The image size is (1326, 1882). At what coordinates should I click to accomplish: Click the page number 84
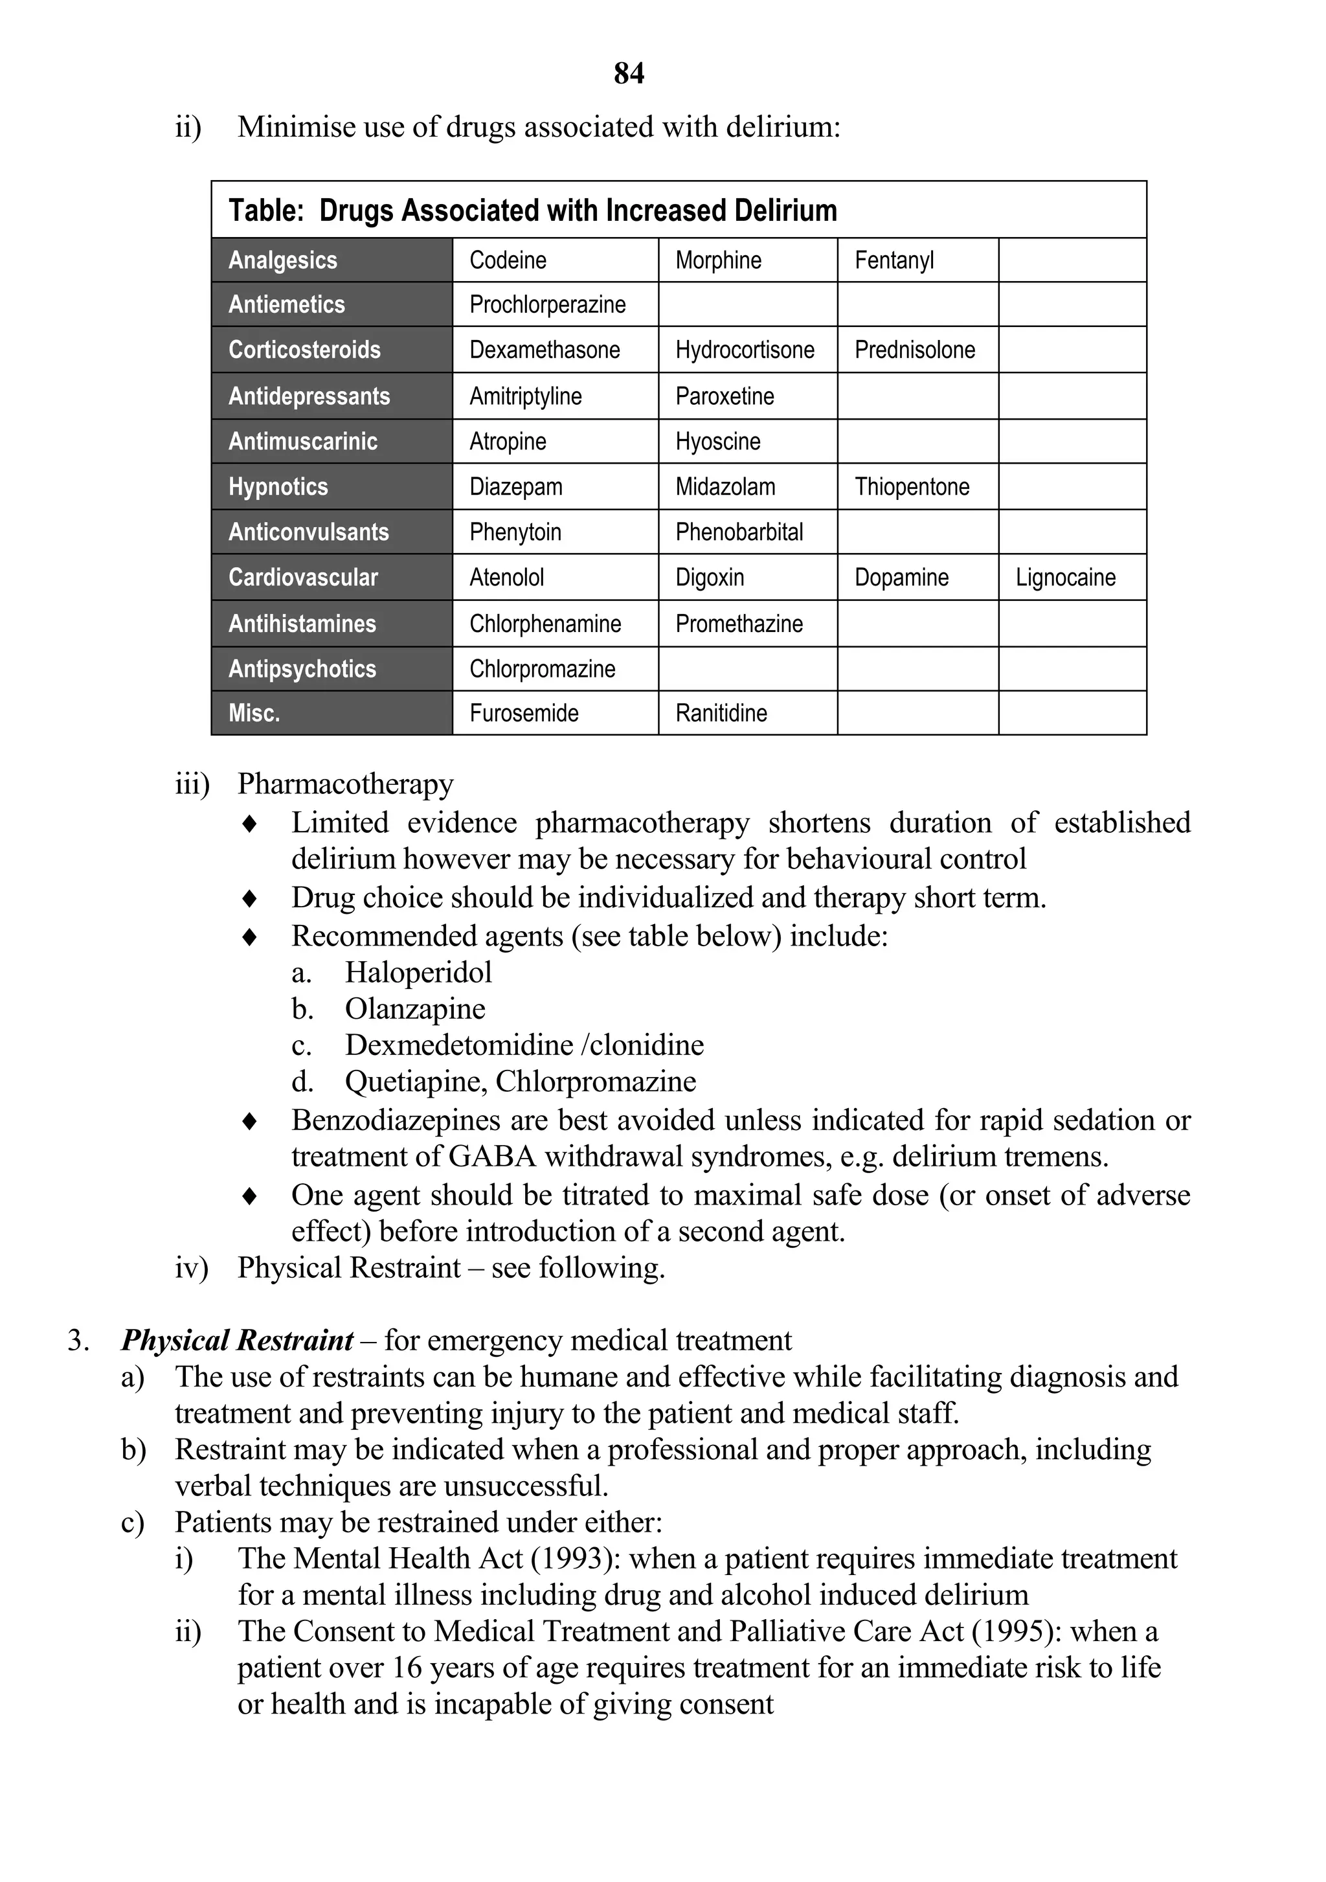(629, 74)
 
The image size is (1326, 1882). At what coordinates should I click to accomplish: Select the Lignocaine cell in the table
(1064, 578)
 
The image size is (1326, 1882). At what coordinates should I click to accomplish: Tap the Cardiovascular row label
(302, 578)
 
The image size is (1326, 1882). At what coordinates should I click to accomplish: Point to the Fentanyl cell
(893, 260)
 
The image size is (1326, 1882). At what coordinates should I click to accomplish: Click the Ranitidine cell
(721, 713)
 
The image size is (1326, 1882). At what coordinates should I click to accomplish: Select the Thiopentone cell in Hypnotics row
(912, 487)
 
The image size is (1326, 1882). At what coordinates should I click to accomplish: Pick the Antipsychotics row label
(302, 669)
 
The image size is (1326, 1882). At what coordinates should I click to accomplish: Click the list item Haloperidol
(418, 973)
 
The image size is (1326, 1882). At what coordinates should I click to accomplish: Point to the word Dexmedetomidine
(459, 1045)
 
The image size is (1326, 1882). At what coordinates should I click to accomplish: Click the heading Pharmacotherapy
(345, 784)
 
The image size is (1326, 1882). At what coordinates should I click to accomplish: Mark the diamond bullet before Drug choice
(250, 898)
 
